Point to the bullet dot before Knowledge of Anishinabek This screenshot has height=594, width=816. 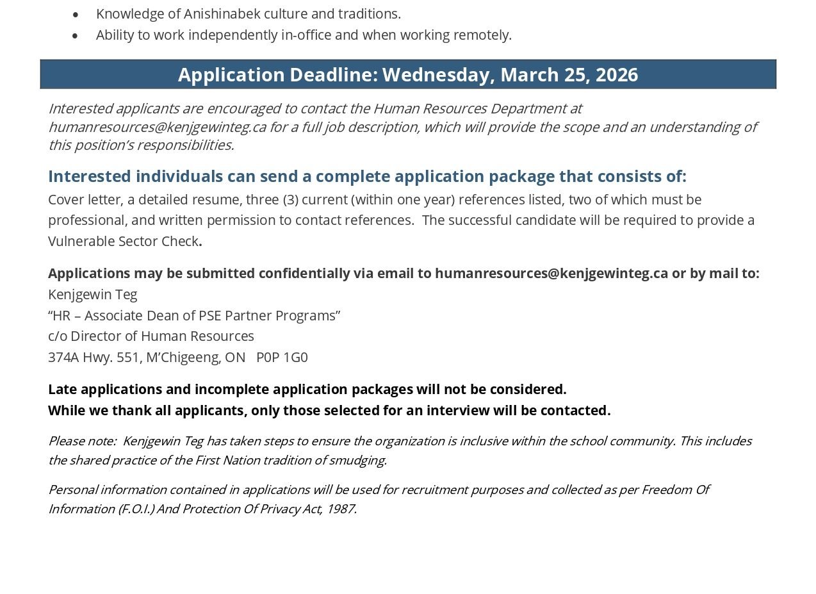pyautogui.click(x=76, y=14)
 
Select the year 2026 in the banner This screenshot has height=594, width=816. pyautogui.click(x=616, y=75)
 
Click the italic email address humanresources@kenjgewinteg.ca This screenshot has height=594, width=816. pyautogui.click(x=157, y=127)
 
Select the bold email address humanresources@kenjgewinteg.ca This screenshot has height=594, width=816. pyautogui.click(x=551, y=274)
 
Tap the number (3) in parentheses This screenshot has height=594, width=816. pyautogui.click(x=290, y=200)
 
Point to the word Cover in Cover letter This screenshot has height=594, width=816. pyautogui.click(x=66, y=200)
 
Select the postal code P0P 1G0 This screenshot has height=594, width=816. pyautogui.click(x=282, y=358)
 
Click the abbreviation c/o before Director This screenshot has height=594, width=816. pyautogui.click(x=58, y=336)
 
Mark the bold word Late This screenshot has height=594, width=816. pyautogui.click(x=63, y=390)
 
